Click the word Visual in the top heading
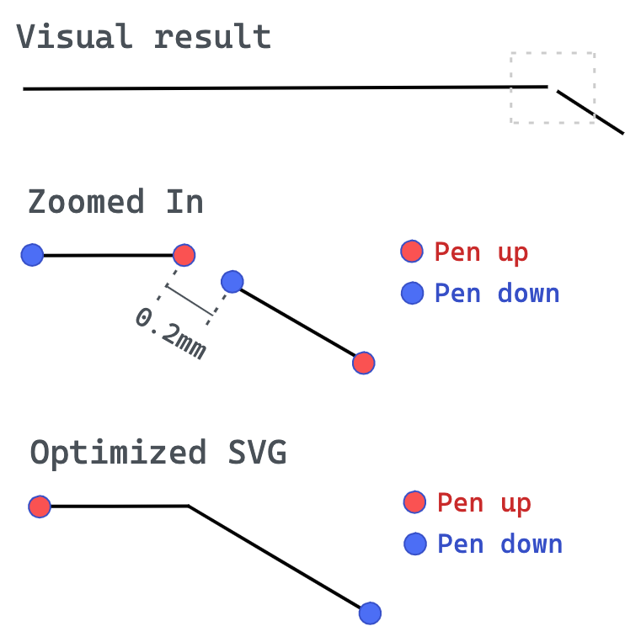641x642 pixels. tap(75, 36)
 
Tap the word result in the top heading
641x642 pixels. tap(212, 36)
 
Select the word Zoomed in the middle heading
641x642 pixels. tap(86, 201)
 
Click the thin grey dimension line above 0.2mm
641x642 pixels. tap(190, 300)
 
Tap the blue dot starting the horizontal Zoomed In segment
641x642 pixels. tap(32, 255)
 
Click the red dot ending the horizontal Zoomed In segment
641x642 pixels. tap(184, 255)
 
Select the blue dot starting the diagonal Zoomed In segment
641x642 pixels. tap(232, 282)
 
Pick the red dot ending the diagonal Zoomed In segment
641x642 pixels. tap(364, 363)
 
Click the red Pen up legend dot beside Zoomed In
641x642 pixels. tap(412, 251)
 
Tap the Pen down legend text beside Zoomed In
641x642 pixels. tap(497, 293)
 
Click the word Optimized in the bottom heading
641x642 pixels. tap(118, 453)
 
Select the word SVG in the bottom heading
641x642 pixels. tap(258, 452)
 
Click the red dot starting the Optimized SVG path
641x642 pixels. tap(40, 507)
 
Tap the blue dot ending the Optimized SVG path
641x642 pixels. tap(370, 613)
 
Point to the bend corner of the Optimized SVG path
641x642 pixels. tap(189, 507)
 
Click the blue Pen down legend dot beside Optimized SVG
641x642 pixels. tap(415, 544)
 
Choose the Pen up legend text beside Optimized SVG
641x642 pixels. tap(484, 502)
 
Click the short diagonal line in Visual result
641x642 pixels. tap(590, 112)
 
